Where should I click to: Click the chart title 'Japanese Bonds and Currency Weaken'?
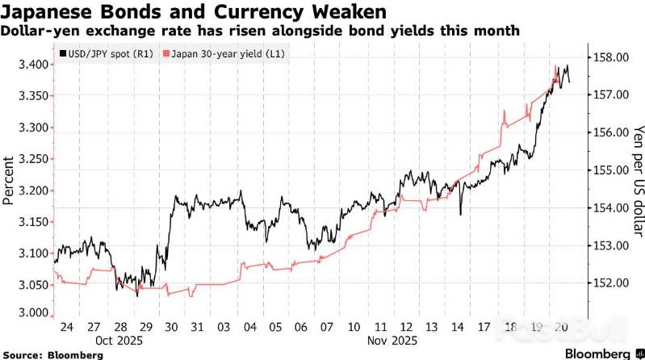194,12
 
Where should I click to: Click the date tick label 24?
67,328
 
